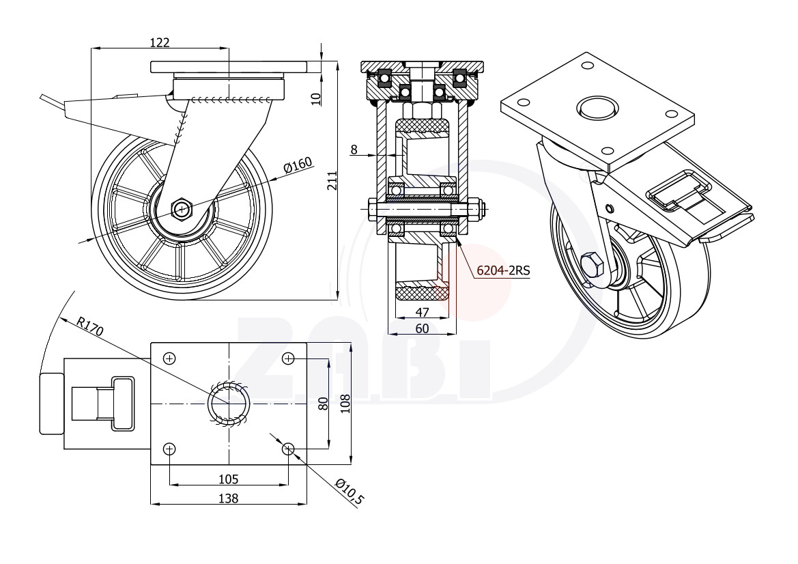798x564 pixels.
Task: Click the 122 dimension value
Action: [159, 42]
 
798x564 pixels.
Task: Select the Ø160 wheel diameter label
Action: [298, 165]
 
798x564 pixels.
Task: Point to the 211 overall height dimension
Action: [332, 180]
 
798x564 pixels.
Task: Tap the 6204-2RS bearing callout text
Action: [503, 270]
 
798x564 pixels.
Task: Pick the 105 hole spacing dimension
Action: [229, 479]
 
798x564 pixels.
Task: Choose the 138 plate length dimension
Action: [228, 498]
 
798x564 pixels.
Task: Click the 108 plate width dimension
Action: [345, 404]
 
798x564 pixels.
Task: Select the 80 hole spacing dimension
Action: [323, 404]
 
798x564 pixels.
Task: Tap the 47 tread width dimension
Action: [423, 312]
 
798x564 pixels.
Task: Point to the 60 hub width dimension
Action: [422, 328]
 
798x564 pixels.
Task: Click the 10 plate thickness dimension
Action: [316, 99]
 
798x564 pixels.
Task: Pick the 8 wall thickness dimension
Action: [354, 149]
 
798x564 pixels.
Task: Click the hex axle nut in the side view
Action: [182, 209]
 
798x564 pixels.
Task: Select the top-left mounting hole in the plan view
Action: [169, 359]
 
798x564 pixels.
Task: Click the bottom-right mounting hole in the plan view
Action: [288, 449]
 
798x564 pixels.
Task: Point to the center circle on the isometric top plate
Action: [597, 108]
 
